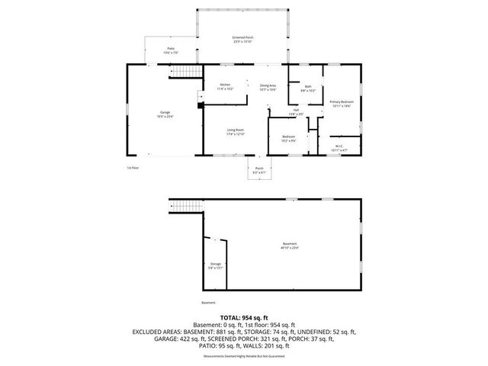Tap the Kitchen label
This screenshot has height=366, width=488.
click(226, 86)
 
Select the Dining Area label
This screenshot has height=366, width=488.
click(268, 87)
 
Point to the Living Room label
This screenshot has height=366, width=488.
click(235, 132)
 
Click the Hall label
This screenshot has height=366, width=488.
click(296, 112)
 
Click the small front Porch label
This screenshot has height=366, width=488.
click(258, 170)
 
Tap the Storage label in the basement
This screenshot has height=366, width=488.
click(216, 265)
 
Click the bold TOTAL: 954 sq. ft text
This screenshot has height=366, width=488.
click(243, 316)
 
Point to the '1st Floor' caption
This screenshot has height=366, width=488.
click(133, 167)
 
